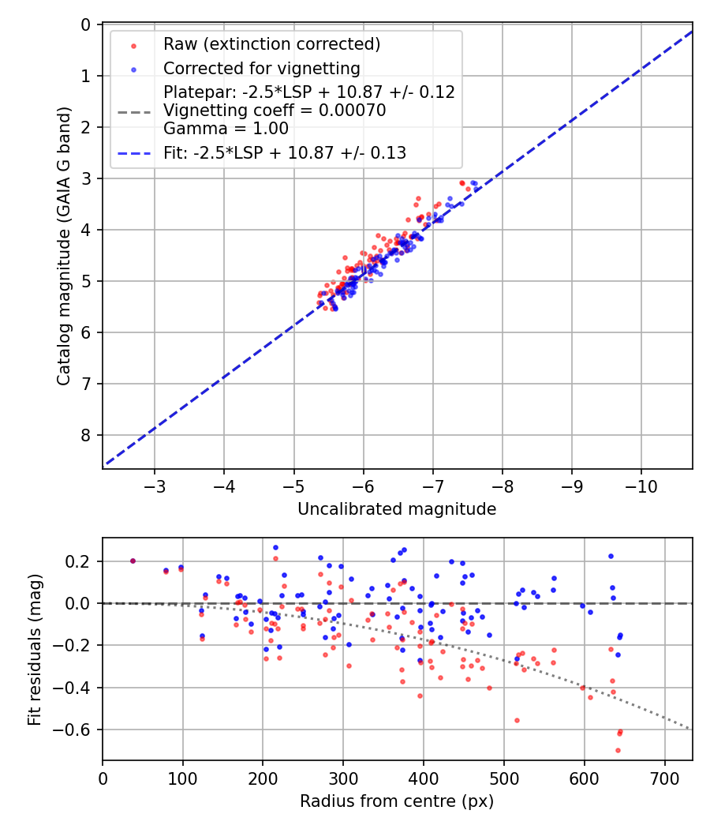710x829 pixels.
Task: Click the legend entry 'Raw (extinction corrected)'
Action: [x=271, y=44]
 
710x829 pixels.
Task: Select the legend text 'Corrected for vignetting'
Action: [x=261, y=69]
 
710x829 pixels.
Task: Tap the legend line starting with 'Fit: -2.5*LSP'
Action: [x=284, y=153]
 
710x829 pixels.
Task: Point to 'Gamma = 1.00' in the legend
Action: [x=226, y=129]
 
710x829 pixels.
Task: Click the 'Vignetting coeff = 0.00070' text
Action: [x=275, y=111]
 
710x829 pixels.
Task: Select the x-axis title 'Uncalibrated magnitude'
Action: [x=397, y=509]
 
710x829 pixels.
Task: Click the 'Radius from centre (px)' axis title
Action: [x=397, y=801]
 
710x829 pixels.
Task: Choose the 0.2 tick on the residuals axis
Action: [x=80, y=561]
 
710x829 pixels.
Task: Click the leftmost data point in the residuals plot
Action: [x=133, y=561]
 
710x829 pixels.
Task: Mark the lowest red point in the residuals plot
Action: [x=618, y=750]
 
